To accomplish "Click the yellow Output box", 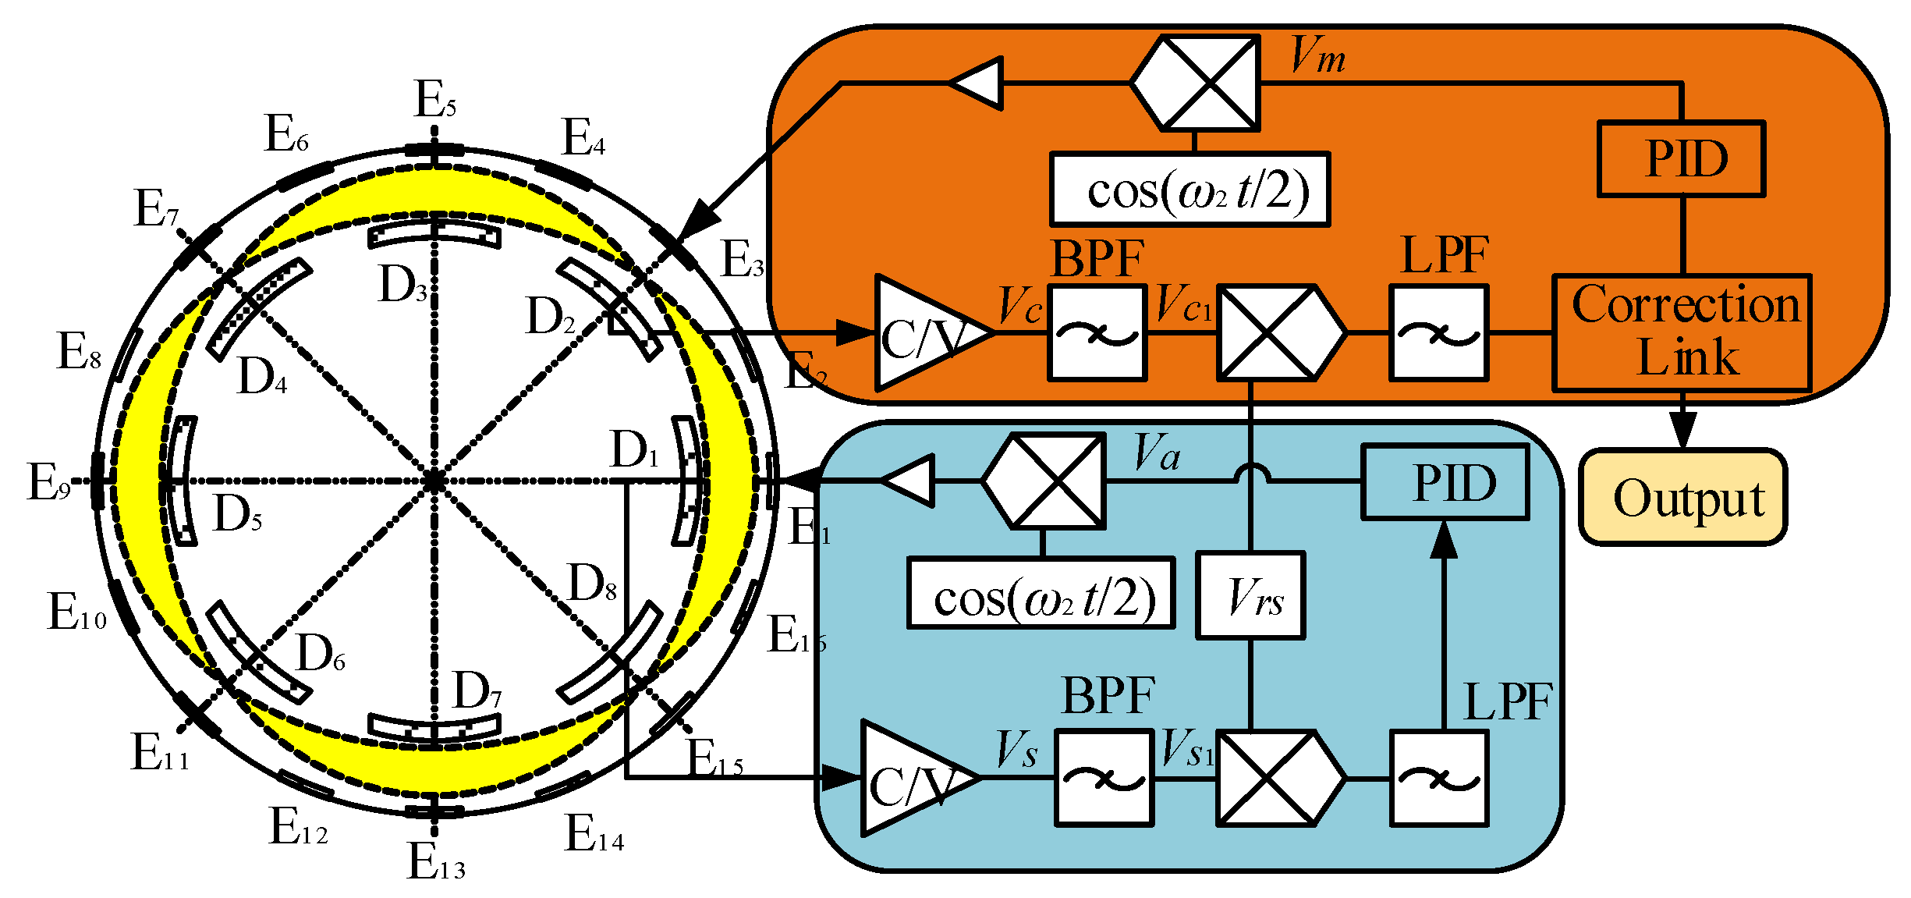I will [1682, 497].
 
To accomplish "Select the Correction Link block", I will [1682, 332].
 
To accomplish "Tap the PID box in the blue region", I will [1445, 482].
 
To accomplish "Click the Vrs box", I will [1251, 596].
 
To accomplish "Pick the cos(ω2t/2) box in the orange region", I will [1190, 190].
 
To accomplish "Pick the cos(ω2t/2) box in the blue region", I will [1041, 593].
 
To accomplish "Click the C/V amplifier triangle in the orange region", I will [920, 333].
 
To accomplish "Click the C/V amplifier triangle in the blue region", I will [909, 778].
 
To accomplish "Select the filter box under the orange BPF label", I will [1097, 333].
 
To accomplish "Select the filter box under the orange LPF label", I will [1438, 333].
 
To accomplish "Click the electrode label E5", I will [434, 100].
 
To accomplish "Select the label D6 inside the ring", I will [321, 653].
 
